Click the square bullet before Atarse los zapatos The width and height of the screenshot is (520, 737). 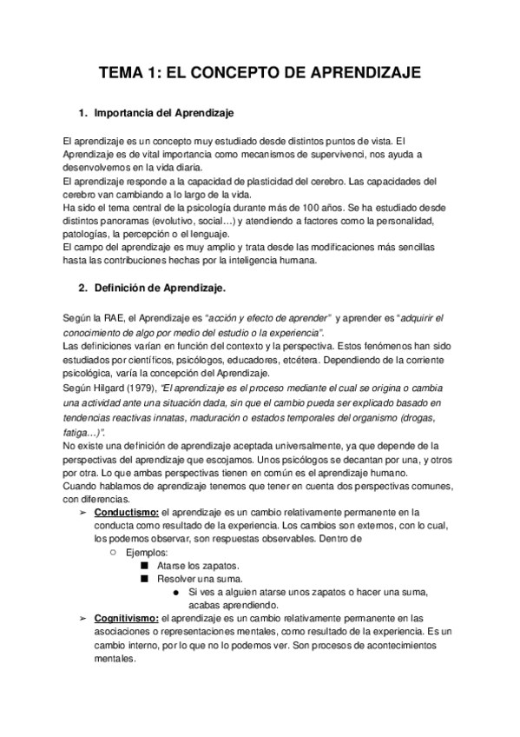[x=144, y=565]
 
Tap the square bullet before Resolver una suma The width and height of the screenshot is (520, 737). [x=144, y=579]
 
